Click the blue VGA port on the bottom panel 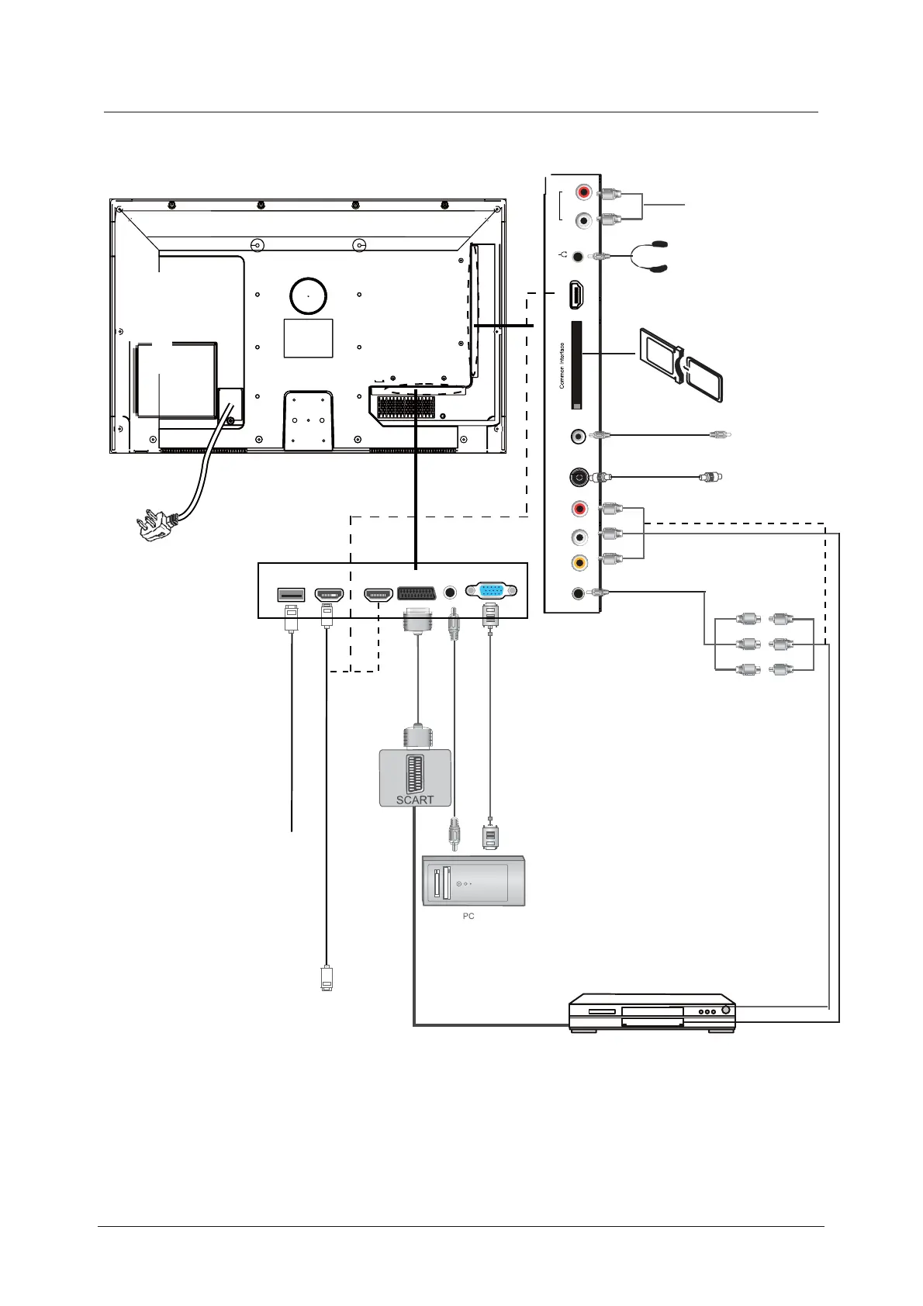click(x=490, y=591)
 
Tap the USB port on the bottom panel click(x=291, y=594)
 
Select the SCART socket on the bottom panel click(x=416, y=593)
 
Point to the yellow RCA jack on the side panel click(x=579, y=563)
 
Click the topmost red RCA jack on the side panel click(x=583, y=192)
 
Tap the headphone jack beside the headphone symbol click(x=578, y=255)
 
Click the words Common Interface click(x=562, y=366)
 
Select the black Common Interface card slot click(x=576, y=365)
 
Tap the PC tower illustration click(x=473, y=881)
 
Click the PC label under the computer click(x=468, y=916)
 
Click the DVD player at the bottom click(x=652, y=1012)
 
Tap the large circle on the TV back click(x=308, y=295)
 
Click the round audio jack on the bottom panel click(x=450, y=593)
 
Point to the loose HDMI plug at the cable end click(x=327, y=979)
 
